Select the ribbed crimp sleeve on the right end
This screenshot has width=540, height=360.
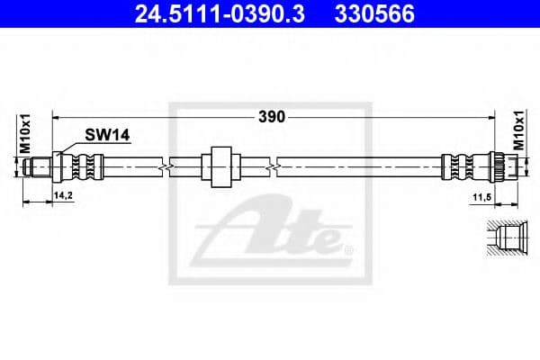point(458,166)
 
